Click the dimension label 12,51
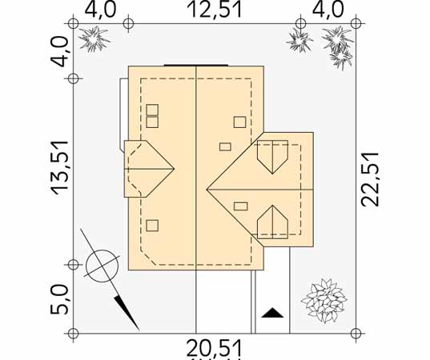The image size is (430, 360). click(x=215, y=10)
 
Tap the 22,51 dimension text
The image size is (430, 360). click(x=370, y=179)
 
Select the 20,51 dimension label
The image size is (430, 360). click(x=215, y=349)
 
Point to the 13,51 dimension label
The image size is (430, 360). click(x=60, y=168)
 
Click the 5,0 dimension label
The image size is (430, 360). click(x=59, y=299)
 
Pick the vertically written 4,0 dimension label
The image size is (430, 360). click(x=59, y=52)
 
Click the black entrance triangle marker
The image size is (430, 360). click(x=272, y=313)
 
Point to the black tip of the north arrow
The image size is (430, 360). click(x=139, y=329)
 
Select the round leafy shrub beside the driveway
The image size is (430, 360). click(x=324, y=300)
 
